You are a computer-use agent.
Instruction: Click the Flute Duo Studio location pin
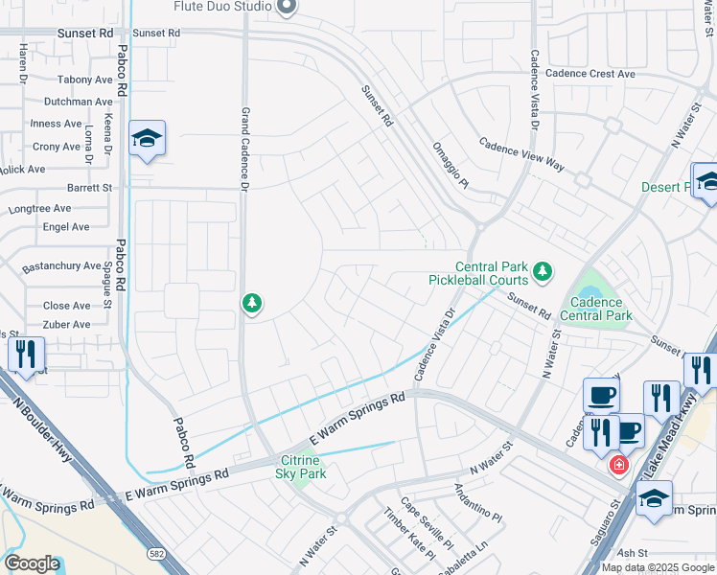tap(286, 8)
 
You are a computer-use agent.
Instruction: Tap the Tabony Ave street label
tap(84, 80)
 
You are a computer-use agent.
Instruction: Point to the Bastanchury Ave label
tap(61, 265)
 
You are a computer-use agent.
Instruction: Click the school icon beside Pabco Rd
tap(147, 140)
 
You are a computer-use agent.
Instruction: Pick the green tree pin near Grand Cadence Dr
tap(252, 304)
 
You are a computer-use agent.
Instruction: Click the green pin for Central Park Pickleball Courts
tap(543, 272)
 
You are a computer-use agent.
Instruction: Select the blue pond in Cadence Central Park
tap(589, 287)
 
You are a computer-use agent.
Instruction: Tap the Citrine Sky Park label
tap(301, 467)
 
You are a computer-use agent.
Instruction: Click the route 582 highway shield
tap(157, 554)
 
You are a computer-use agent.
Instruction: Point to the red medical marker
tap(619, 466)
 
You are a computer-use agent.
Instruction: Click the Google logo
tap(32, 563)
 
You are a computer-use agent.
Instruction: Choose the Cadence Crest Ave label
tap(590, 74)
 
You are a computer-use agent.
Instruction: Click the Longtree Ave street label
tap(39, 208)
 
